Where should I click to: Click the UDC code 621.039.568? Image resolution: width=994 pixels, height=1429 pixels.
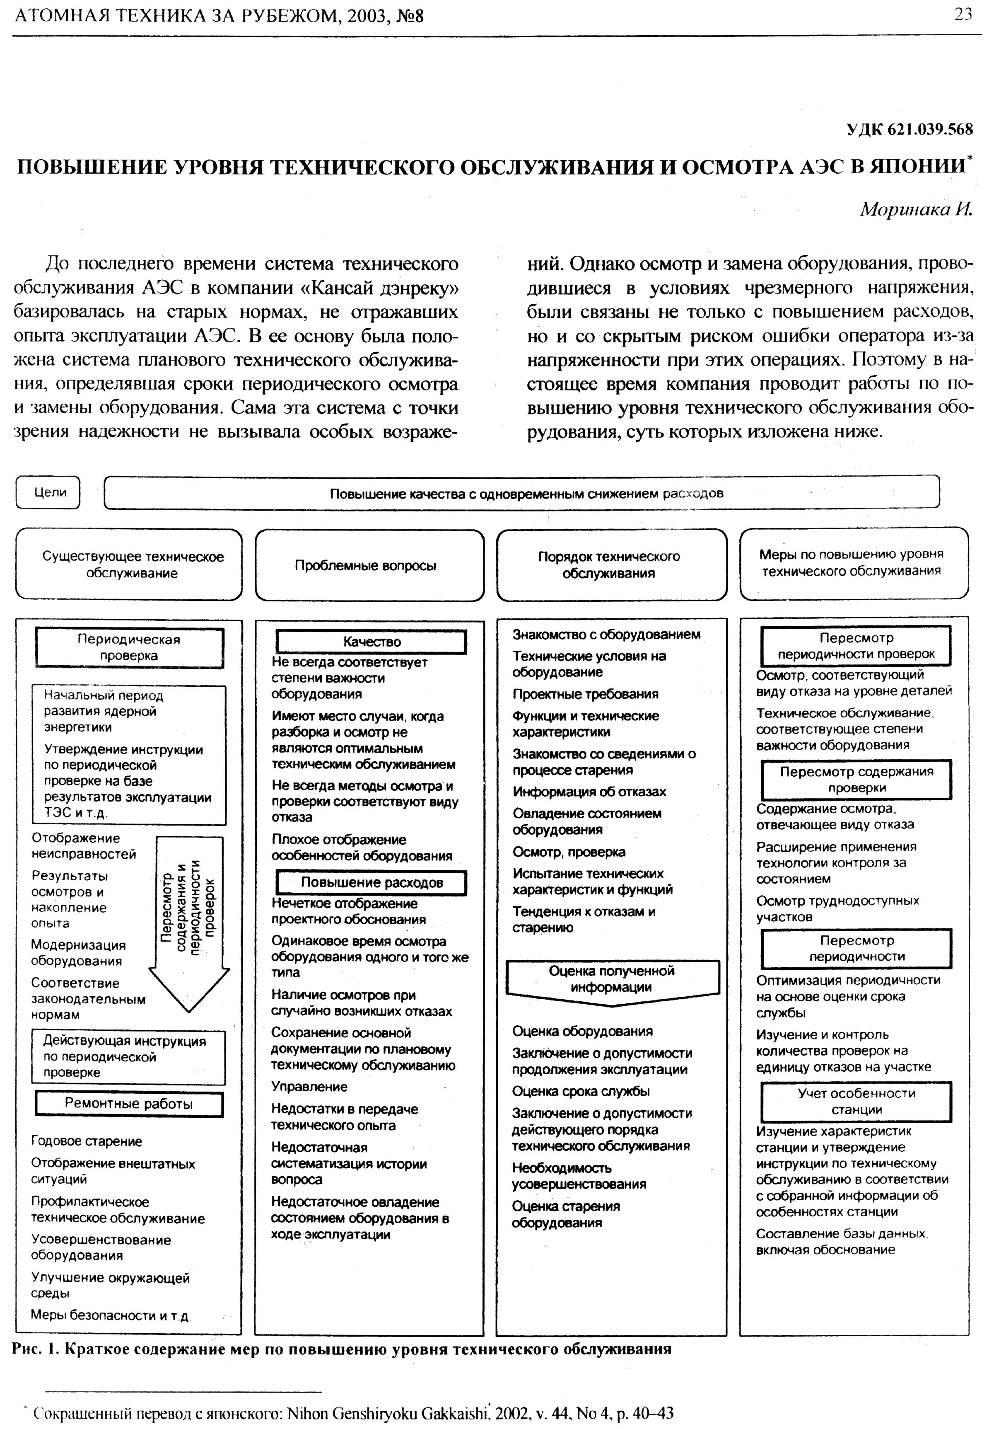tap(910, 129)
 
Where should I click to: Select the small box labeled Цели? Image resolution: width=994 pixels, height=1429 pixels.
tap(48, 492)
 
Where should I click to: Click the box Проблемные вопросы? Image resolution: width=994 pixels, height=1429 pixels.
tap(369, 565)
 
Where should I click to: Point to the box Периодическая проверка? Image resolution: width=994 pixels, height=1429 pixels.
tap(129, 647)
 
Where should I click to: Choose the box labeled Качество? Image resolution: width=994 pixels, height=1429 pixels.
tap(372, 642)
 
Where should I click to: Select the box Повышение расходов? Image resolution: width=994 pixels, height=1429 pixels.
tap(372, 882)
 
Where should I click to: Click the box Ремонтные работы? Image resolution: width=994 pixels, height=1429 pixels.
tap(129, 1104)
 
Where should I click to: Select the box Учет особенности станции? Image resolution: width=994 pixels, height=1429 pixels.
tap(856, 1102)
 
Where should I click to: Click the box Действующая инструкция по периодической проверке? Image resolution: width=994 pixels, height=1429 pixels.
tap(128, 1057)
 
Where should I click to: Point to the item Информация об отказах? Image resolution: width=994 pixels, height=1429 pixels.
tap(589, 792)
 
